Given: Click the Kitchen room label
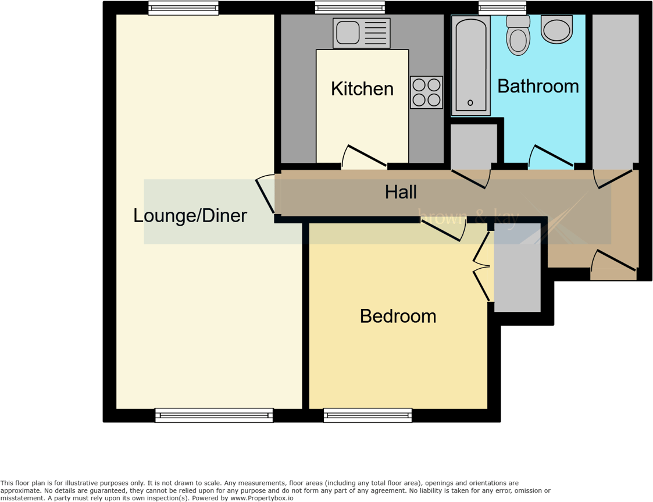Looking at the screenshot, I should tap(362, 89).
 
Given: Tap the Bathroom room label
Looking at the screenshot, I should tap(538, 86).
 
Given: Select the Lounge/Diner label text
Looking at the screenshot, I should tap(190, 216).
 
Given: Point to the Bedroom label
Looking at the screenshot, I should tap(398, 316).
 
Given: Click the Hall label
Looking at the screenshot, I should tap(401, 192).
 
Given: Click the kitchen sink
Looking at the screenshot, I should tap(360, 33).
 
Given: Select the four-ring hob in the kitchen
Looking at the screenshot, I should tap(426, 92).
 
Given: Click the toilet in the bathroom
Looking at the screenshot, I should tap(518, 35).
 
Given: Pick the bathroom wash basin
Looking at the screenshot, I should tap(556, 29).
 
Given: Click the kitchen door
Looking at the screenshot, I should tap(364, 157).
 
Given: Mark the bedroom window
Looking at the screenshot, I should tap(368, 415).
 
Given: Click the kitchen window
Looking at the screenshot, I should tap(350, 8).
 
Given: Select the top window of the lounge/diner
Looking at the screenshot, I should tap(183, 8).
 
